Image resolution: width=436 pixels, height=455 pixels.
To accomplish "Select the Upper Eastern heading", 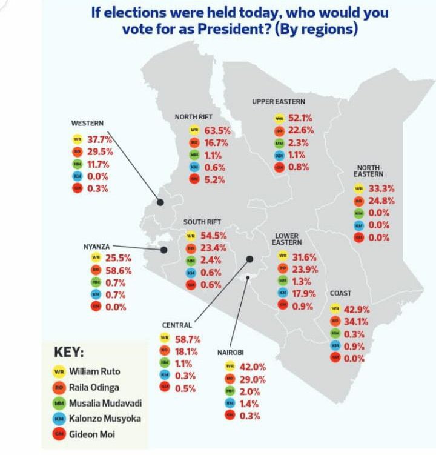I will (279, 102).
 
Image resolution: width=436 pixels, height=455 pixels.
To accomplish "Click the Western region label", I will (87, 124).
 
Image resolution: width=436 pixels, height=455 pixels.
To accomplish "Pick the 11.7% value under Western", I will (99, 164).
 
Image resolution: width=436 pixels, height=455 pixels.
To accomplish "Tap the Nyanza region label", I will (96, 247).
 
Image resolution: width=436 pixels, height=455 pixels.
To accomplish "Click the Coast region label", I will (341, 294).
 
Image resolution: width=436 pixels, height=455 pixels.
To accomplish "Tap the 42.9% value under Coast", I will (357, 310).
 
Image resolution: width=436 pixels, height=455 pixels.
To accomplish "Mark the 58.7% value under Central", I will (187, 340).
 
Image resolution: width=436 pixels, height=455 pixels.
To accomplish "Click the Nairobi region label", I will (230, 352).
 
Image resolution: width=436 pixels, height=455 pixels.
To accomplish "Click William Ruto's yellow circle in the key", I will (59, 371).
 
